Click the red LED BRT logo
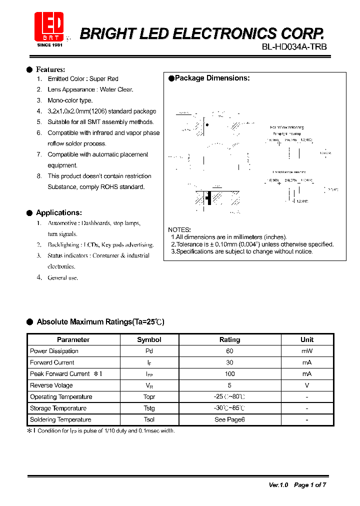pyautogui.click(x=48, y=26)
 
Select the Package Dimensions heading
pyautogui.click(x=212, y=78)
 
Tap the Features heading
pyautogui.click(x=50, y=69)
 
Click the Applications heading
pyautogui.click(x=58, y=212)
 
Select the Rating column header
pyautogui.click(x=229, y=339)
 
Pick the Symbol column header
pyautogui.click(x=149, y=339)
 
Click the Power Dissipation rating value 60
pyautogui.click(x=229, y=351)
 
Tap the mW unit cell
pyautogui.click(x=306, y=351)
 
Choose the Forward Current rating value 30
pyautogui.click(x=229, y=362)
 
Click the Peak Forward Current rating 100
pyautogui.click(x=229, y=374)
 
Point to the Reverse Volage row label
pyautogui.click(x=51, y=385)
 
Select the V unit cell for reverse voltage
pyautogui.click(x=306, y=385)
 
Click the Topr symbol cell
pyautogui.click(x=149, y=397)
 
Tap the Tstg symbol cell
pyautogui.click(x=149, y=408)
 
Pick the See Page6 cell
pyautogui.click(x=229, y=420)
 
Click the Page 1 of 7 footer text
pyautogui.click(x=310, y=485)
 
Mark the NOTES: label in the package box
pyautogui.click(x=179, y=229)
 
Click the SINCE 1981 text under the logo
pyautogui.click(x=50, y=45)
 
